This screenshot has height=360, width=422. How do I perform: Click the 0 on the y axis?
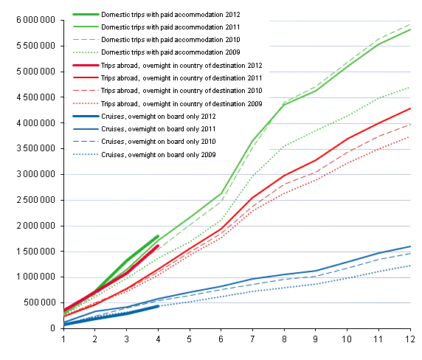click(53, 328)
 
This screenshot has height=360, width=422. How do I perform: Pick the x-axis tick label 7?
click(252, 339)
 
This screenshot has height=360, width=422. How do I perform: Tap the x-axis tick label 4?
click(158, 339)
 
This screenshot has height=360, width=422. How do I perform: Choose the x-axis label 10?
click(347, 339)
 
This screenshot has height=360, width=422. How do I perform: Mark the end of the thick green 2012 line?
click(158, 236)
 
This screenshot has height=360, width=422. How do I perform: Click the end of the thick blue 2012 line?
click(158, 306)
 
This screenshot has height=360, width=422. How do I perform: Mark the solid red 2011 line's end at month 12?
click(410, 108)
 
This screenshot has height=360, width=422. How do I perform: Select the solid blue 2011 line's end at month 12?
click(410, 246)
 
